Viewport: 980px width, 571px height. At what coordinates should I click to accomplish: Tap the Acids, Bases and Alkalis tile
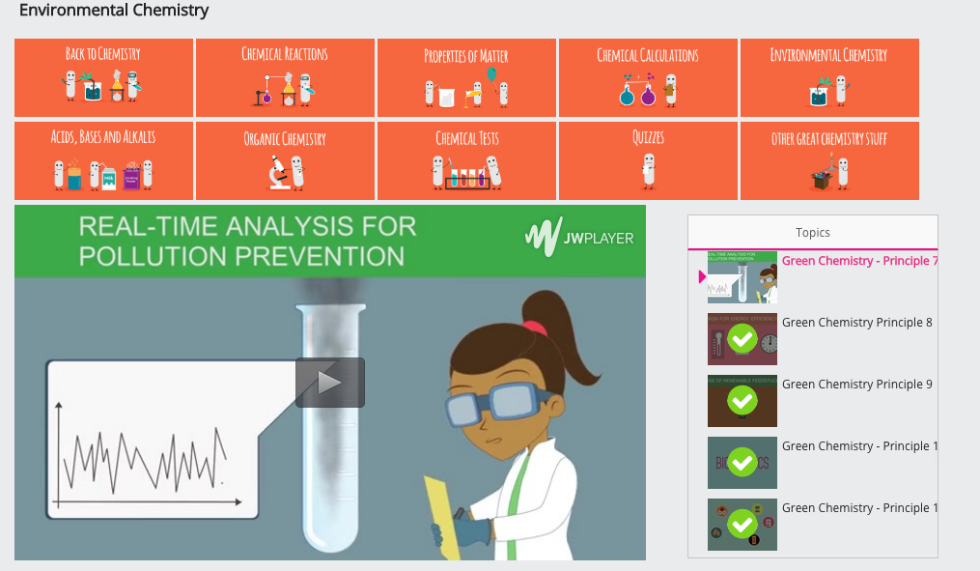pos(103,159)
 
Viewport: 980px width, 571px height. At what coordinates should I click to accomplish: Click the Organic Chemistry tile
pos(285,159)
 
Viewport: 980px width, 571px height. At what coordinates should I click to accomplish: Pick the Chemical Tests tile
pos(466,159)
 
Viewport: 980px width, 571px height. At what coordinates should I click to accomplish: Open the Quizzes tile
pos(648,159)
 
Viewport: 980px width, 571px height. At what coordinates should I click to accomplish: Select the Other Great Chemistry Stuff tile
pos(829,159)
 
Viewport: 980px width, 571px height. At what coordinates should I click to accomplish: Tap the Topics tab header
pos(812,232)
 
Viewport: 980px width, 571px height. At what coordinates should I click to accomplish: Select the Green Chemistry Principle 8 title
pos(856,322)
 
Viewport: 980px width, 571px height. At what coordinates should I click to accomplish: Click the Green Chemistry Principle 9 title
pos(856,384)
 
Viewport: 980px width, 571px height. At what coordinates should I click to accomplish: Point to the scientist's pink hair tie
pos(535,327)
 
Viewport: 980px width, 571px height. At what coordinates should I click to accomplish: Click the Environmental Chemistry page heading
pos(114,11)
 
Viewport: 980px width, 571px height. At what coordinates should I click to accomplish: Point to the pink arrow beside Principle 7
pos(702,277)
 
